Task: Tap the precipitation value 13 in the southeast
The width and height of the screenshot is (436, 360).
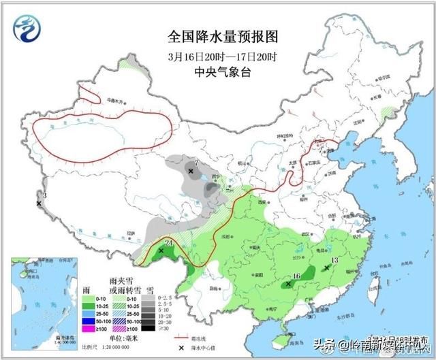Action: click(334, 261)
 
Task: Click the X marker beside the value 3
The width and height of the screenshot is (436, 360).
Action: click(39, 203)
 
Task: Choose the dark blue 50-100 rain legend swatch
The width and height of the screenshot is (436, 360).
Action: click(88, 320)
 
